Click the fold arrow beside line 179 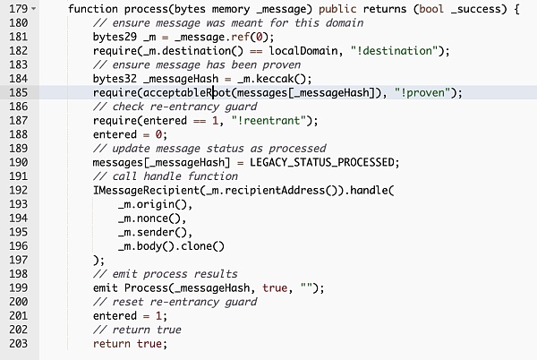[34, 9]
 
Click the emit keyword [107, 287]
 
